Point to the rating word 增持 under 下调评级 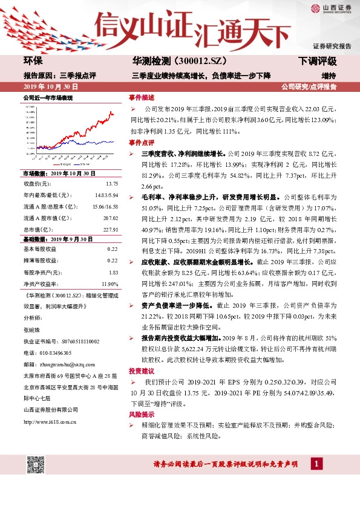pyautogui.click(x=329, y=76)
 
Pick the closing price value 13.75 pyautogui.click(x=111, y=183)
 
